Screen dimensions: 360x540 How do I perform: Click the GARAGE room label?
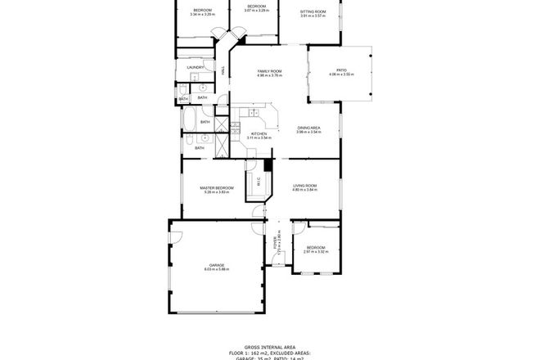(x=217, y=265)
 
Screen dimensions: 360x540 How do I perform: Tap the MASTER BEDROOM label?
(x=217, y=187)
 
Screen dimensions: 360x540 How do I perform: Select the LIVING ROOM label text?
(x=305, y=186)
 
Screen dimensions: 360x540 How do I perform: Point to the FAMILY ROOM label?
(x=270, y=72)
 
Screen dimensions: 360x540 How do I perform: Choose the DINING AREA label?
(x=308, y=128)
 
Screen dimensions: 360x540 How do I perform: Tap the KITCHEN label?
(x=259, y=133)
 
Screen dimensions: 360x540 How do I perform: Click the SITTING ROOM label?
(x=313, y=11)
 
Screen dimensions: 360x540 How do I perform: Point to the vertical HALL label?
(x=223, y=72)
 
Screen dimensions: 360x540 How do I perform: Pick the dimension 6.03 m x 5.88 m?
(x=217, y=270)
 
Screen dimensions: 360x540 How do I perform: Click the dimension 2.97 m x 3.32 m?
(x=316, y=252)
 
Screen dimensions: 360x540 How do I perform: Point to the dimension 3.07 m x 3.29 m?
(x=258, y=11)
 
